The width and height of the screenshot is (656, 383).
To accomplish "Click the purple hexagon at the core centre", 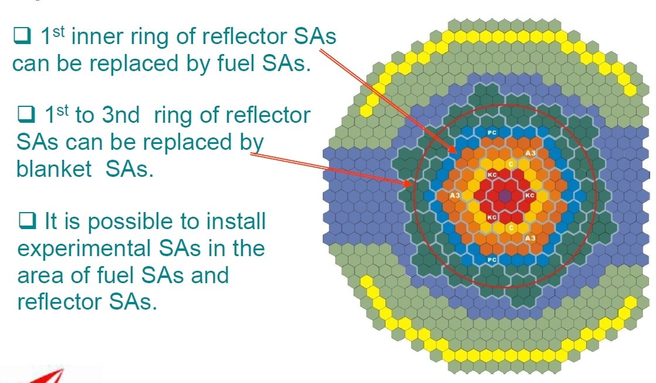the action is [x=505, y=196].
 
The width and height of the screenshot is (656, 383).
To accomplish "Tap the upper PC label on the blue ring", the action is [x=492, y=132].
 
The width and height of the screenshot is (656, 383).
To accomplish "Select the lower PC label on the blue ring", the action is [x=492, y=260].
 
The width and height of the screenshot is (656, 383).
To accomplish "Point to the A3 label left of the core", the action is [x=455, y=195].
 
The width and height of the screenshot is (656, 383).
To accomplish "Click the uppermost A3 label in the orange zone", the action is [x=530, y=153].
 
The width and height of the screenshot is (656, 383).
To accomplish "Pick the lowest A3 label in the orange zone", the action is [x=530, y=238].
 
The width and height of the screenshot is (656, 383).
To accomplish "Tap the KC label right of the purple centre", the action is [x=530, y=195].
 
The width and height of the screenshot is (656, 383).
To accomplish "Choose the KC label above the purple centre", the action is [x=492, y=174].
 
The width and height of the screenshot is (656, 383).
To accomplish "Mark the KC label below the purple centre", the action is [x=492, y=217].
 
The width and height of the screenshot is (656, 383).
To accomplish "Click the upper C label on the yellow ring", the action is [x=511, y=164].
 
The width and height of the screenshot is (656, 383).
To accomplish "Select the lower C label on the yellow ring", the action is [x=511, y=228].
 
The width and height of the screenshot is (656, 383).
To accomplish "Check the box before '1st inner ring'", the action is [x=22, y=36].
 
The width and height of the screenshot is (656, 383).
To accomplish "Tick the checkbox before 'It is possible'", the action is [x=28, y=220].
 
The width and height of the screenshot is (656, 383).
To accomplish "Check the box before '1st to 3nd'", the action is [x=26, y=114].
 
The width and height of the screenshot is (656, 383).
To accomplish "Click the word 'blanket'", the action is [x=54, y=169].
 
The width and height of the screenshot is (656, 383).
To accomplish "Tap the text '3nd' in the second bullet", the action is [x=121, y=115].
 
